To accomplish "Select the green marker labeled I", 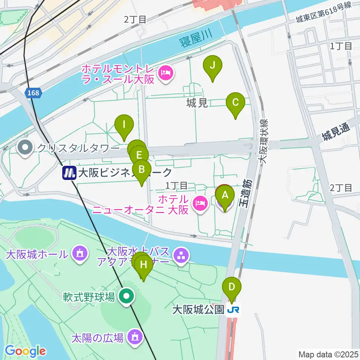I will pos(124,124).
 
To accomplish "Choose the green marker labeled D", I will pos(232,288).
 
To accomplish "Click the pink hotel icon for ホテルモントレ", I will pos(166,72).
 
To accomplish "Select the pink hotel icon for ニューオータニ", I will pos(200,203).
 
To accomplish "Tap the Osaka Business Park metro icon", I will pos(69,172).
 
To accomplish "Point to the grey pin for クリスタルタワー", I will pos(25,147).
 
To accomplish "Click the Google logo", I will pos(25,351).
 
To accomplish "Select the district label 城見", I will pos(197,103).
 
